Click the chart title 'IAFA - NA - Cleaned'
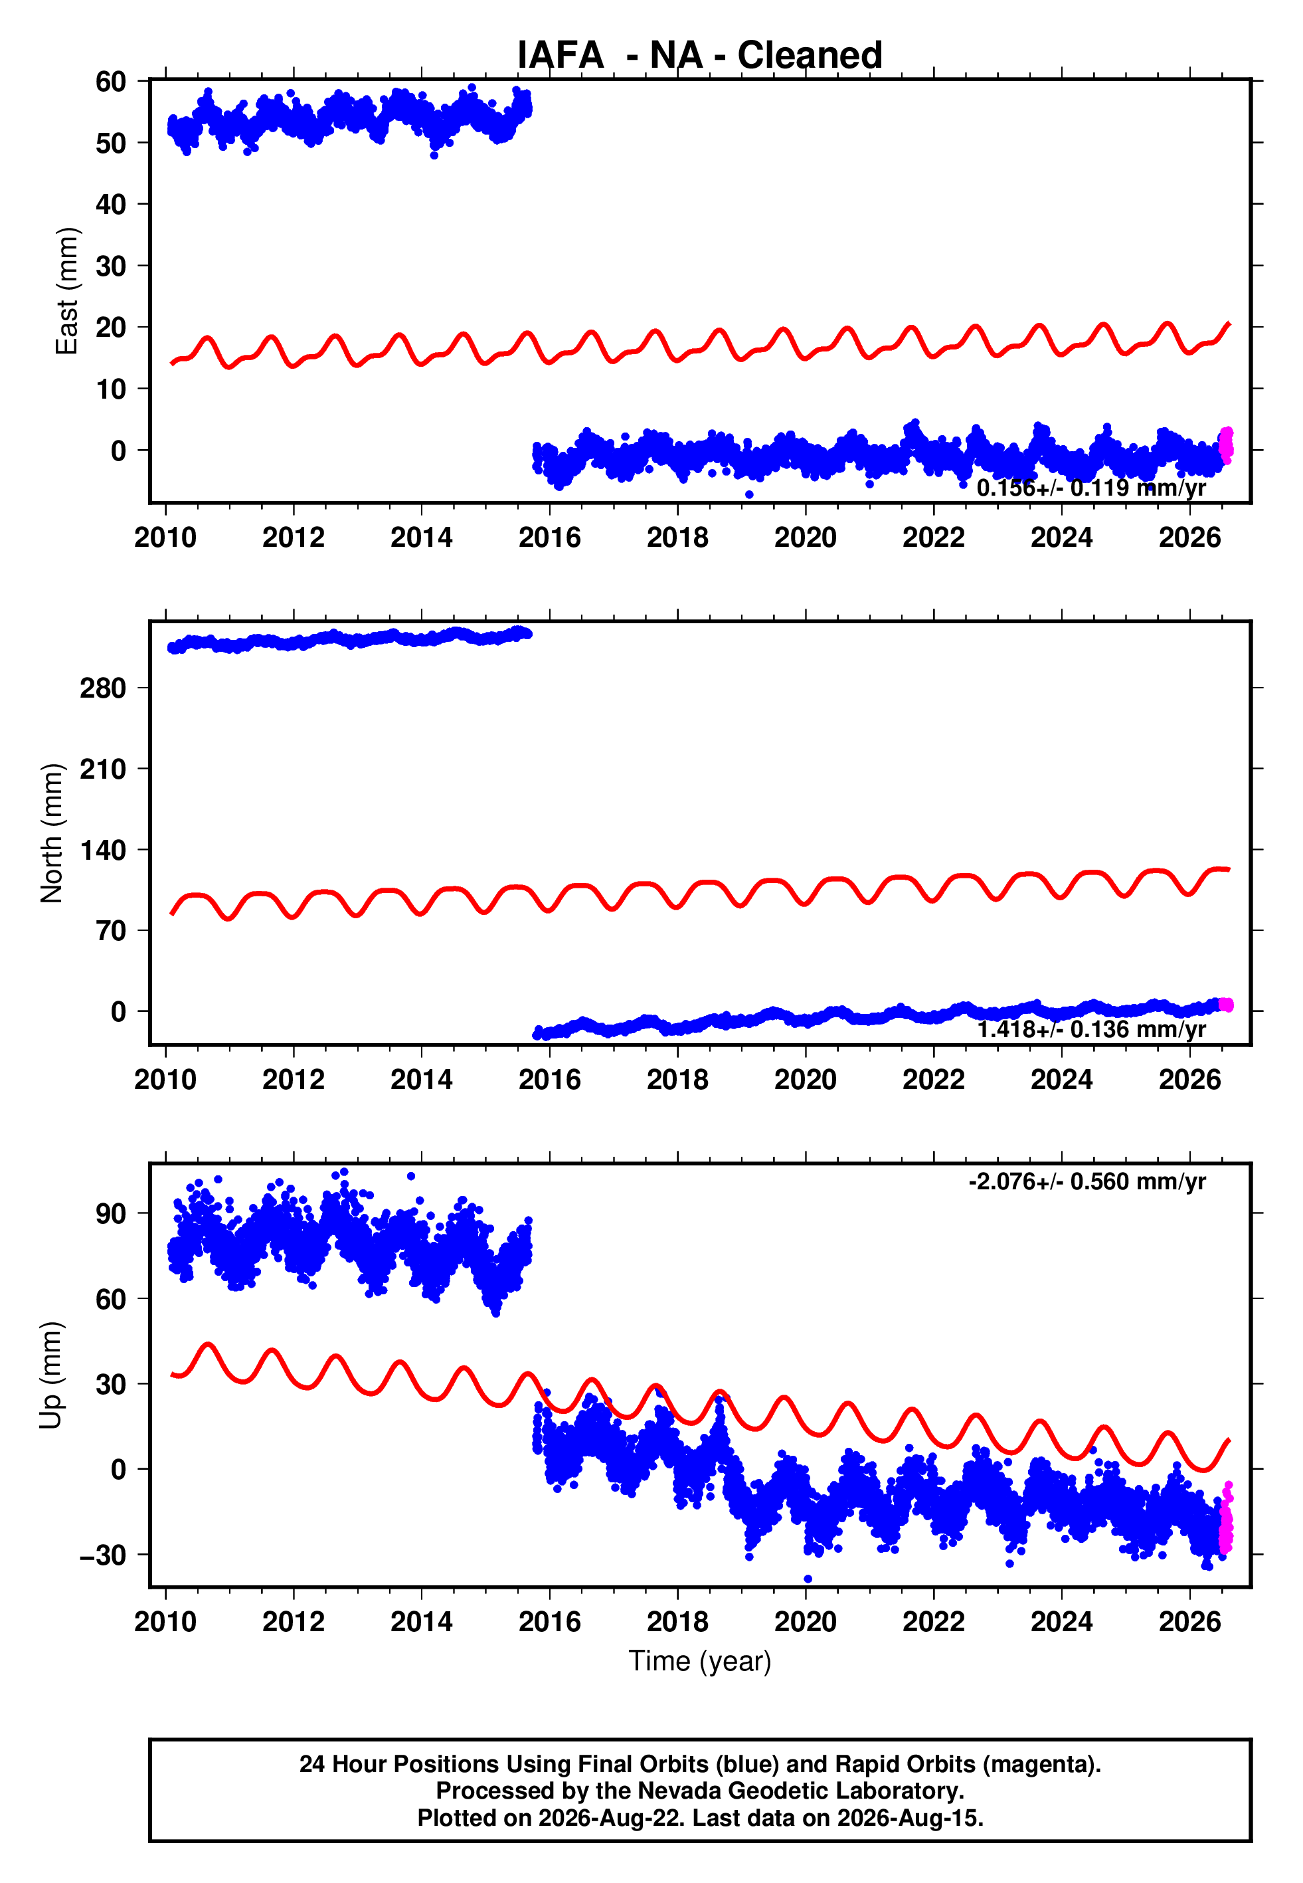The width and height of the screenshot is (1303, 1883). (700, 56)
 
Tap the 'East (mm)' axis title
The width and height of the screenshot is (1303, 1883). (66, 291)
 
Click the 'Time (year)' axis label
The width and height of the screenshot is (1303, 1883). (700, 1661)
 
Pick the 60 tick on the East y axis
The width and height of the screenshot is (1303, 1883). (111, 81)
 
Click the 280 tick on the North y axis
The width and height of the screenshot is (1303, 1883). (103, 688)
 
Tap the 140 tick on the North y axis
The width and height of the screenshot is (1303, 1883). (103, 849)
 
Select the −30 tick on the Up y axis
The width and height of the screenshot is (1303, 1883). (103, 1555)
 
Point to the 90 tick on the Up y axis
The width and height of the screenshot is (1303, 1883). (111, 1213)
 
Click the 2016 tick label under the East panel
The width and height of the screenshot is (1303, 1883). (549, 538)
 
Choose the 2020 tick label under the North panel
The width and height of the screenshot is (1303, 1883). (806, 1080)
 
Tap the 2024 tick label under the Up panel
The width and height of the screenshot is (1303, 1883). (1061, 1622)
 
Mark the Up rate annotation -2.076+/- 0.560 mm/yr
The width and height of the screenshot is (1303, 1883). (1086, 1181)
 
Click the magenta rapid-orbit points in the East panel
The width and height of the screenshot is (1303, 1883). (1225, 445)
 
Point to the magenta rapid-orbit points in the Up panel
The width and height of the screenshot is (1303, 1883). (1225, 1520)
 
